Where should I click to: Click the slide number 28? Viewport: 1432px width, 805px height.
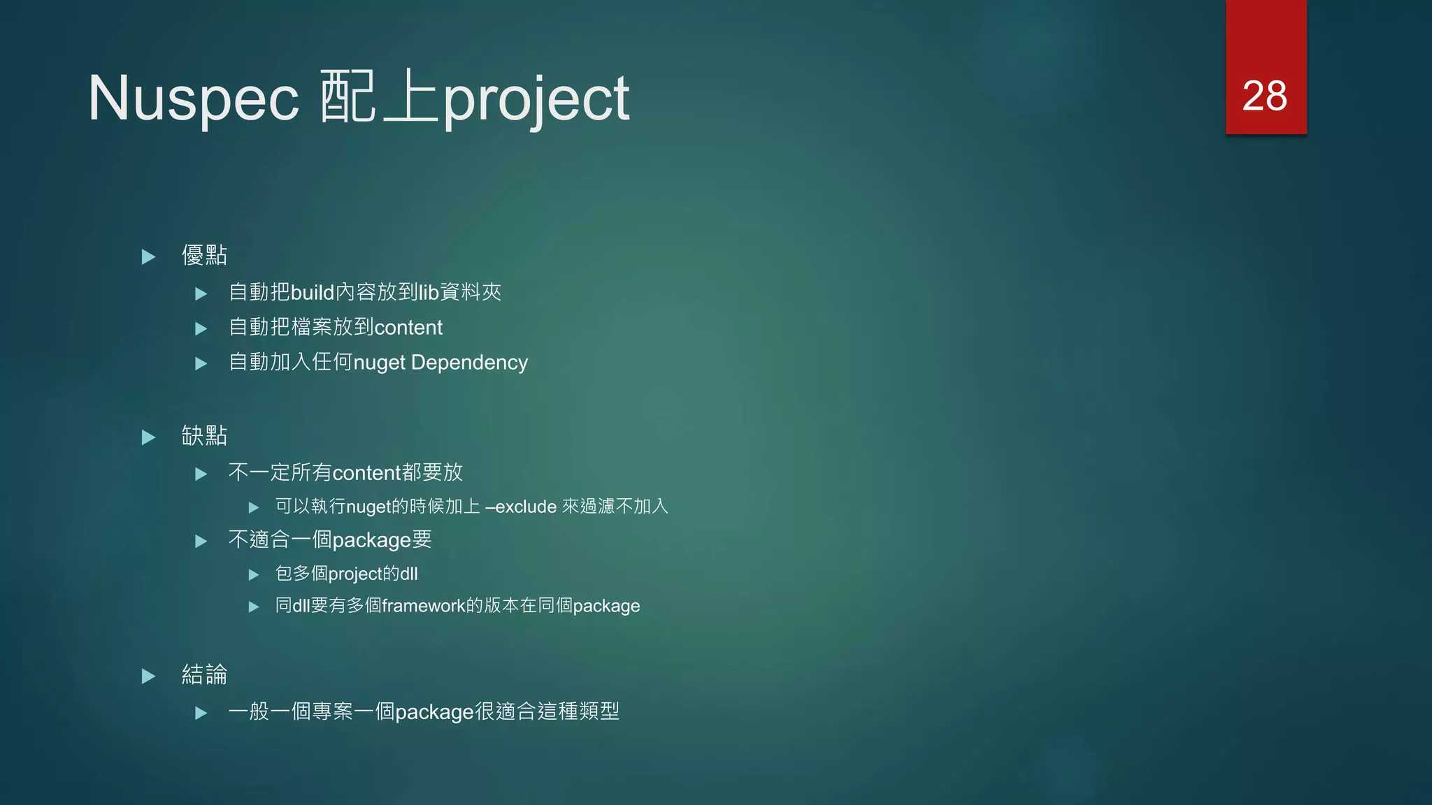[x=1264, y=96]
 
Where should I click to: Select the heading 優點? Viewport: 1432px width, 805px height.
[x=204, y=255]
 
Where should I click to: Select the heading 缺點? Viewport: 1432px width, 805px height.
[x=204, y=435]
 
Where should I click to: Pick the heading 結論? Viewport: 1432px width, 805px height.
[x=204, y=674]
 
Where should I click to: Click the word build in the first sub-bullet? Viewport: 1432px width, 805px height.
[x=312, y=292]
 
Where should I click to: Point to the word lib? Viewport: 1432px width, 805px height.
[x=428, y=292]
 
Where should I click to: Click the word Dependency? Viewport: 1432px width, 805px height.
[x=469, y=363]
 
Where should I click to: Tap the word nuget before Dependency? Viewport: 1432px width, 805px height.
[x=379, y=363]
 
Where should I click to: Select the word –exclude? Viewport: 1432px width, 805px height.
[x=520, y=507]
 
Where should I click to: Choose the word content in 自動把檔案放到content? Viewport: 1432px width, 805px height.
[x=408, y=328]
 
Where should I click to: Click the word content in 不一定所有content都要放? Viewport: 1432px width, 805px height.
[x=366, y=473]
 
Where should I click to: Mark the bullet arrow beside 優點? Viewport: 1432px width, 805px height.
[x=148, y=257]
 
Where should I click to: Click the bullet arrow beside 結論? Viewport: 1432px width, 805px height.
[x=148, y=676]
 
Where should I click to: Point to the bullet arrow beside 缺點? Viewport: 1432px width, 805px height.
[x=148, y=437]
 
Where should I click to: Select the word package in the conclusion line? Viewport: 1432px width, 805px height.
[x=434, y=713]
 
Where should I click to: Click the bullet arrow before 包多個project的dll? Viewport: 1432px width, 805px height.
[x=254, y=575]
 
